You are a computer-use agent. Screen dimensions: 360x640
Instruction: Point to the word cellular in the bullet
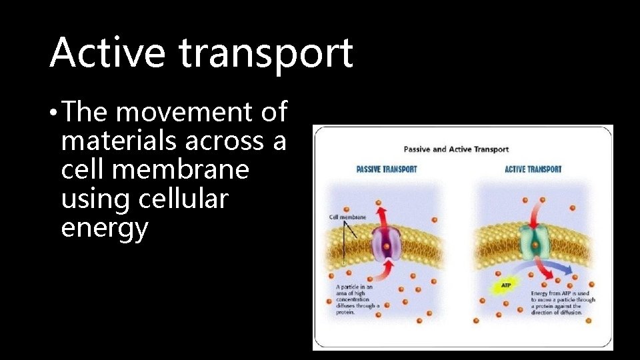[x=183, y=199]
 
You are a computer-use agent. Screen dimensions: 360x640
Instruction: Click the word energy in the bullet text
[x=104, y=228]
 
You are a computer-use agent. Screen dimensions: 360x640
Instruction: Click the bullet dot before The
[x=53, y=114]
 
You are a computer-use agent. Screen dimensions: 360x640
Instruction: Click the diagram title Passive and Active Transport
[x=456, y=149]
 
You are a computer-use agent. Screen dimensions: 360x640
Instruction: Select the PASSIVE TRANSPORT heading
[x=387, y=169]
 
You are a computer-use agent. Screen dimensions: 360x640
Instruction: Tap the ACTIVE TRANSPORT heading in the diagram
[x=533, y=169]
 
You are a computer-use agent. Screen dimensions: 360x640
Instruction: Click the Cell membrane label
[x=347, y=217]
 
